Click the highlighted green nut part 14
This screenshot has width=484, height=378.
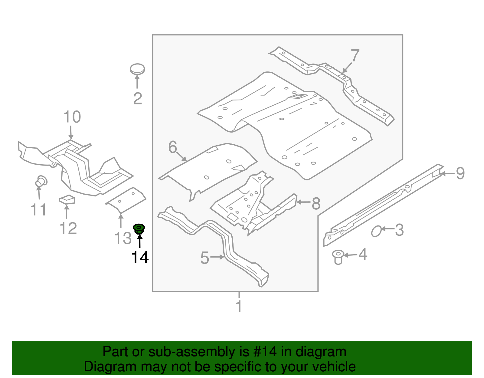coord(139,228)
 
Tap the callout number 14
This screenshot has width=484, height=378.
coord(140,258)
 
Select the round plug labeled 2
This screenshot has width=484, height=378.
coord(137,69)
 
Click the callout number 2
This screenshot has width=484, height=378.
coord(138,99)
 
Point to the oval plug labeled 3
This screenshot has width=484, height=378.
coord(376,232)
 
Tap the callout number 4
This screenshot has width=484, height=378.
coord(363,254)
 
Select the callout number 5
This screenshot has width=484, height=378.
coord(205,258)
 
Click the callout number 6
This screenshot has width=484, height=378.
coord(172,147)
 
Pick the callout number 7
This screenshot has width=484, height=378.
coord(355,56)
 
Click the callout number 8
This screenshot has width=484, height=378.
coord(316,203)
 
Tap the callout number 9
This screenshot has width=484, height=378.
coord(460,173)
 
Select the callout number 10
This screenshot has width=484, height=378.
coord(72,117)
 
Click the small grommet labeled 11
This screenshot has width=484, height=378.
coord(41,181)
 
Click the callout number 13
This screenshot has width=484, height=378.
coord(123,238)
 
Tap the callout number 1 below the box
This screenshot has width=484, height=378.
coord(239,307)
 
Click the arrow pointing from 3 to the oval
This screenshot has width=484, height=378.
coord(387,229)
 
